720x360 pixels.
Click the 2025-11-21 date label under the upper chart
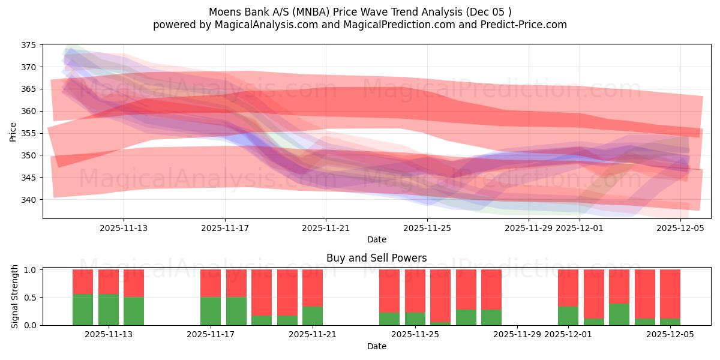(x=326, y=228)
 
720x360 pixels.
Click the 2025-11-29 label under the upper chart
(x=529, y=228)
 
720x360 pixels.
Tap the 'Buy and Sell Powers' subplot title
(x=377, y=258)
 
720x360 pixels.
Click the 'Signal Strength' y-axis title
(x=15, y=296)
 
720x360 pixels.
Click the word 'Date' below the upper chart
(x=377, y=239)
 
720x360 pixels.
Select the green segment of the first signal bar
(x=83, y=310)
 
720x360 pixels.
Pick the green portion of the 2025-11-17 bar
(x=211, y=311)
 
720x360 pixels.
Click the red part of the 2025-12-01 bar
(x=568, y=288)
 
